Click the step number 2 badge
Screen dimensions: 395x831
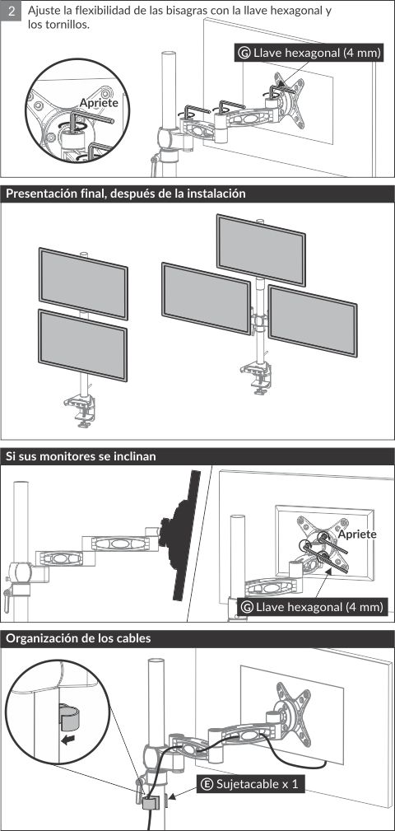12,11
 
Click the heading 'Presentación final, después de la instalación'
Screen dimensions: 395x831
126,194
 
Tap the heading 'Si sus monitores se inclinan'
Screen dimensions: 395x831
81,456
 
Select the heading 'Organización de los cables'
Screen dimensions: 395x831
78,638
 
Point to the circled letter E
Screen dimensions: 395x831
207,784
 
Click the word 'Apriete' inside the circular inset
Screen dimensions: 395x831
99,103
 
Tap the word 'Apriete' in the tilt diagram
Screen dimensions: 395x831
357,534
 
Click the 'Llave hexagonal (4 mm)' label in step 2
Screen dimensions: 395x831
309,53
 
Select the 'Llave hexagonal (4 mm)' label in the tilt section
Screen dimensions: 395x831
312,607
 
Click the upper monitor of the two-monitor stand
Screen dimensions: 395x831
83,283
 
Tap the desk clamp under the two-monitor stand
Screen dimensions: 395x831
80,411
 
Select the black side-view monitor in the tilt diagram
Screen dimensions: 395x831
182,536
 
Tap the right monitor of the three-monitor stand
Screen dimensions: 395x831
313,320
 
